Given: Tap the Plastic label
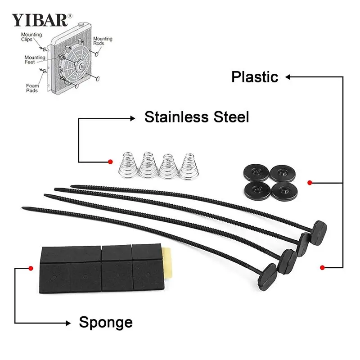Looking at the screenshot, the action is (255, 76).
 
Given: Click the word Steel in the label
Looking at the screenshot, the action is (231, 117).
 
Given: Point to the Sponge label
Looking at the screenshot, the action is (106, 323).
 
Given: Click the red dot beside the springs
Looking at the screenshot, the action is (110, 162).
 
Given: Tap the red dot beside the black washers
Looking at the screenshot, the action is (310, 183).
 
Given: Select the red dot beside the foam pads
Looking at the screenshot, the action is (31, 268).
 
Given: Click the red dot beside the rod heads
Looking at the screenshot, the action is (322, 267).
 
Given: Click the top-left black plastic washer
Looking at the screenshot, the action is (256, 172).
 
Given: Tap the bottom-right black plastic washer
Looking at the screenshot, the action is (284, 191).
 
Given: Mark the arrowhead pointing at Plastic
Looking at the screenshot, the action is (288, 77).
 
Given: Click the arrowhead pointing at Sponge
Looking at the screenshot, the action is (68, 323).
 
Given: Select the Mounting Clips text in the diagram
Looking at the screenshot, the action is (31, 37).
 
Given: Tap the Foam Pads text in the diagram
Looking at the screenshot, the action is (32, 88).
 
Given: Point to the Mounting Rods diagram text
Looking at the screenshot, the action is (103, 41).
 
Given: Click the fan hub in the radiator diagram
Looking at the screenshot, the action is (81, 67).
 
